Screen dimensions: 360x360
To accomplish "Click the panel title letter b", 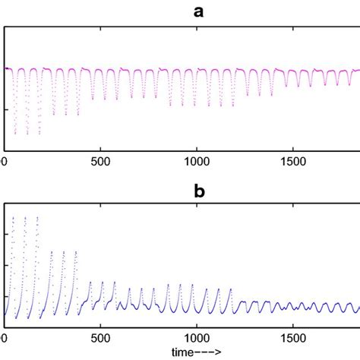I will coord(199,192).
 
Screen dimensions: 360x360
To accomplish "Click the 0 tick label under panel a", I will coord(4,162).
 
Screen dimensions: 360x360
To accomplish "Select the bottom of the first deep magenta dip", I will coord(15,134).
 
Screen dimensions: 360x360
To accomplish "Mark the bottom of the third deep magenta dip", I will coord(39,134).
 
